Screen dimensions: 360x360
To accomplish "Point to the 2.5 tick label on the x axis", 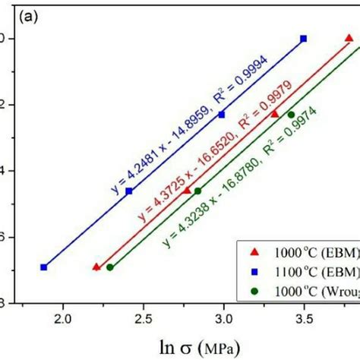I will [144, 321].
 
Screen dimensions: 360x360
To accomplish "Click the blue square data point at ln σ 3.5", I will [304, 38].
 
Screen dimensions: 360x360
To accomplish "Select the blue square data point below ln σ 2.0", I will [44, 267].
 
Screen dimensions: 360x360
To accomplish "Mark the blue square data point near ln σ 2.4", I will [129, 191].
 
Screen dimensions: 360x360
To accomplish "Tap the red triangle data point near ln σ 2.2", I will [96, 267].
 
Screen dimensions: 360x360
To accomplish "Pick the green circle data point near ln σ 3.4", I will [291, 115].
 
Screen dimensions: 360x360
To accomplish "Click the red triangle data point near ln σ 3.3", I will [275, 114].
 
